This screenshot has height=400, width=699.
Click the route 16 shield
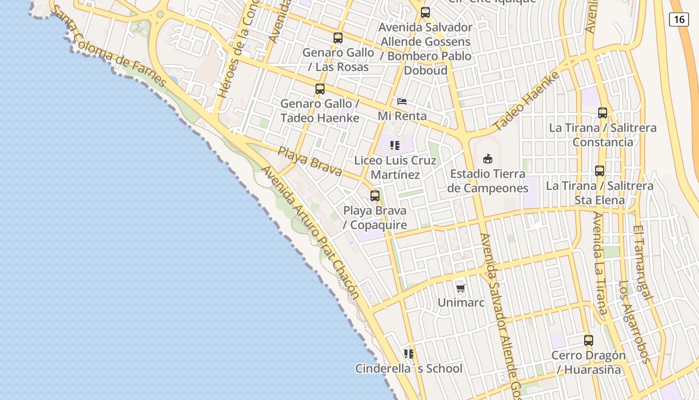[679, 19]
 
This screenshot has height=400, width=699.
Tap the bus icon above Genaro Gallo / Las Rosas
[338, 37]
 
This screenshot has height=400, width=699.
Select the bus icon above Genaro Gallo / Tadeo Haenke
[320, 89]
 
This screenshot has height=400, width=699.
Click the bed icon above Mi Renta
[402, 101]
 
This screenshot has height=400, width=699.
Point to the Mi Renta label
[402, 116]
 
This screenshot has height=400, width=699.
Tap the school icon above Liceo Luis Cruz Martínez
[395, 145]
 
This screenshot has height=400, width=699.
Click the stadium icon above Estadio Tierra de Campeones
[488, 159]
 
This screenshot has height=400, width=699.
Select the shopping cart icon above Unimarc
[461, 288]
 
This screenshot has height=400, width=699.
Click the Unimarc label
[461, 302]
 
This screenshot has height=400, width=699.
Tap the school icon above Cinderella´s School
[409, 354]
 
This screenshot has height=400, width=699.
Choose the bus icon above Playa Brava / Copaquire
[375, 195]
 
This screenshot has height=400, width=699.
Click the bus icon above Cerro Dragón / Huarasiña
[589, 340]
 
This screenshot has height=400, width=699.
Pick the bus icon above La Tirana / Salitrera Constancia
[603, 113]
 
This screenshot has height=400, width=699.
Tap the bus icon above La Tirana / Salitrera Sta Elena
[600, 171]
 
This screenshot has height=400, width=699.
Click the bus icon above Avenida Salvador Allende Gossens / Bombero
[425, 12]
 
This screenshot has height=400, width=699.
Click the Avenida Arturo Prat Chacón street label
[310, 232]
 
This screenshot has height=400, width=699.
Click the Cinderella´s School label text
[409, 369]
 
